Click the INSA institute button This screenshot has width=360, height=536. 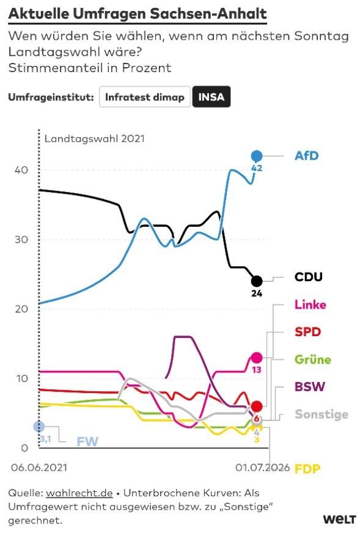pyautogui.click(x=211, y=97)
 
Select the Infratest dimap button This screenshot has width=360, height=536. pyautogui.click(x=145, y=97)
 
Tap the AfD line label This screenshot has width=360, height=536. pyautogui.click(x=307, y=156)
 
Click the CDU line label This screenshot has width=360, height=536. pyautogui.click(x=309, y=276)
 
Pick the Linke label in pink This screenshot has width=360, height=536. pyautogui.click(x=310, y=304)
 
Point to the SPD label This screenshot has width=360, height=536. pyautogui.click(x=307, y=332)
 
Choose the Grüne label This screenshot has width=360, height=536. pyautogui.click(x=313, y=359)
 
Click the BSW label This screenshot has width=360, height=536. pyautogui.click(x=310, y=387)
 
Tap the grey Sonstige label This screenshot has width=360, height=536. pyautogui.click(x=321, y=414)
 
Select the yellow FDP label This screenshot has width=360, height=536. pyautogui.click(x=307, y=469)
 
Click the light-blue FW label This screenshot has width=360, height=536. pyautogui.click(x=87, y=442)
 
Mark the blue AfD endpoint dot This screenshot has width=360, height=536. pyautogui.click(x=257, y=156)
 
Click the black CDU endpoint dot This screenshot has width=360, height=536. pyautogui.click(x=257, y=281)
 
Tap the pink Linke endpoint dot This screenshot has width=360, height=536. pyautogui.click(x=257, y=358)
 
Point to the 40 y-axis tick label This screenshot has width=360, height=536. pyautogui.click(x=21, y=170)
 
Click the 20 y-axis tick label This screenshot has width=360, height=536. pyautogui.click(x=21, y=309)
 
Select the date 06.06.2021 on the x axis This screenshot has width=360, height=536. pyautogui.click(x=39, y=468)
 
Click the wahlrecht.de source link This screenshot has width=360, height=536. pyautogui.click(x=79, y=493)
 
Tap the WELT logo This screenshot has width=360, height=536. pyautogui.click(x=339, y=519)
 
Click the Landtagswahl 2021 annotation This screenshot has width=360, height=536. pyautogui.click(x=95, y=139)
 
